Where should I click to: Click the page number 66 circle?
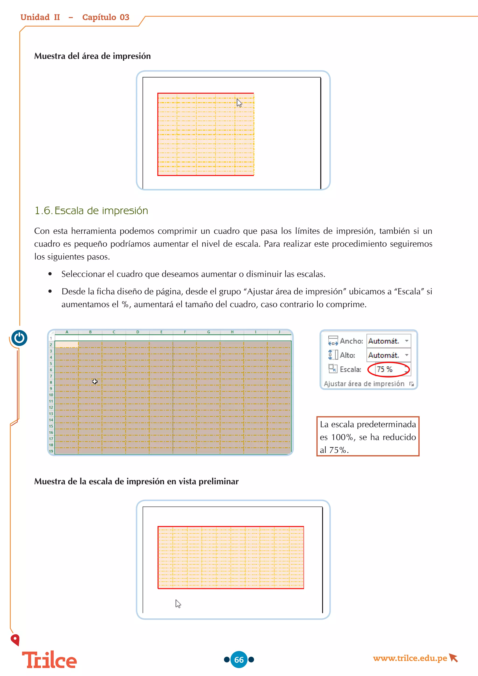[239, 659]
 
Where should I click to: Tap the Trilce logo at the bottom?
[49, 660]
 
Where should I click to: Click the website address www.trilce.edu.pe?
[410, 658]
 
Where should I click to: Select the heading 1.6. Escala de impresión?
[91, 211]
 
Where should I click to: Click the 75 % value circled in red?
[385, 369]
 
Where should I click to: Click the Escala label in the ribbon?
[350, 370]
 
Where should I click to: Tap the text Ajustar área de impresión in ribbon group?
[364, 384]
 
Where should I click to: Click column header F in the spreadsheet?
[185, 332]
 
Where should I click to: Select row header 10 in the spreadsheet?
[51, 395]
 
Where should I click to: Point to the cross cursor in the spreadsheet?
[95, 381]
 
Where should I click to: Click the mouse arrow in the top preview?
[239, 103]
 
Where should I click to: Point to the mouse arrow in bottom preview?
[178, 604]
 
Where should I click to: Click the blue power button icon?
[19, 338]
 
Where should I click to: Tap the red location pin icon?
[15, 640]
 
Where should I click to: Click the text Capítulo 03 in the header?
[106, 17]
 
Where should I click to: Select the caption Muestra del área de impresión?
[92, 56]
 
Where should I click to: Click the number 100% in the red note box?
[342, 437]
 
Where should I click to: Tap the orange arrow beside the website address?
[453, 658]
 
